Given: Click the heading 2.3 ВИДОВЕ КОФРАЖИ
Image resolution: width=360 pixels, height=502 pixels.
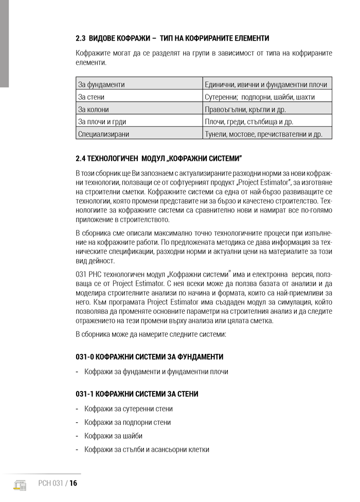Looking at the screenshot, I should coord(172,39).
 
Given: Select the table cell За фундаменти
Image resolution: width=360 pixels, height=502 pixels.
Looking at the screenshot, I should coord(101,84).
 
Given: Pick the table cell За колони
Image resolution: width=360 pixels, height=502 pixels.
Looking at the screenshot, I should coord(93,110).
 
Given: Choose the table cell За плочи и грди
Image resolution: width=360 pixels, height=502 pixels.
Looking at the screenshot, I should coord(102,122).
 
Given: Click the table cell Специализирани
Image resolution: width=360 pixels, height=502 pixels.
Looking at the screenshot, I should coord(103,134).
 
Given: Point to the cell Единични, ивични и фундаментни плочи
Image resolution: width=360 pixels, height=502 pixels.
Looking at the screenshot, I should coord(265,84).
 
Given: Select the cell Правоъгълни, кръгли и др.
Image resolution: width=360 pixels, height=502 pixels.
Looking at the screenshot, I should coord(245,110).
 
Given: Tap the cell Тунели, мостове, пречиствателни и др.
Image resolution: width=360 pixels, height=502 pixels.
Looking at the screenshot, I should coord(263,134).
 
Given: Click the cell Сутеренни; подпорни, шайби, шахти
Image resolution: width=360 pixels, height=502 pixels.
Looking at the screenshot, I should coord(260,97).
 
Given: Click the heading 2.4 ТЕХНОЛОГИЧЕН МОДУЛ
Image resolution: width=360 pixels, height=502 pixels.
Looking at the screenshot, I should coord(158,157).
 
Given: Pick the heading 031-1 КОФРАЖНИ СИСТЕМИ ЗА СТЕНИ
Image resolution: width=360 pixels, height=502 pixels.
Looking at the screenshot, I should coord(137,394).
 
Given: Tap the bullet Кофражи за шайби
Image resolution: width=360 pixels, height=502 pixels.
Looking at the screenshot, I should coord(114,436).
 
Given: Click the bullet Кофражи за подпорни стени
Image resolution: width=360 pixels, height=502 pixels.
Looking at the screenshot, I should coord(128,422).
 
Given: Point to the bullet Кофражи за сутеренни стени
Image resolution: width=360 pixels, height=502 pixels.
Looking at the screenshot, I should coord(129,409).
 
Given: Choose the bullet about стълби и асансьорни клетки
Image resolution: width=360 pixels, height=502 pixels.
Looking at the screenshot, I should coord(147,449).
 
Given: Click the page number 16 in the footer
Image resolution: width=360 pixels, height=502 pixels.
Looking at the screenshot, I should coord(73,483).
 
